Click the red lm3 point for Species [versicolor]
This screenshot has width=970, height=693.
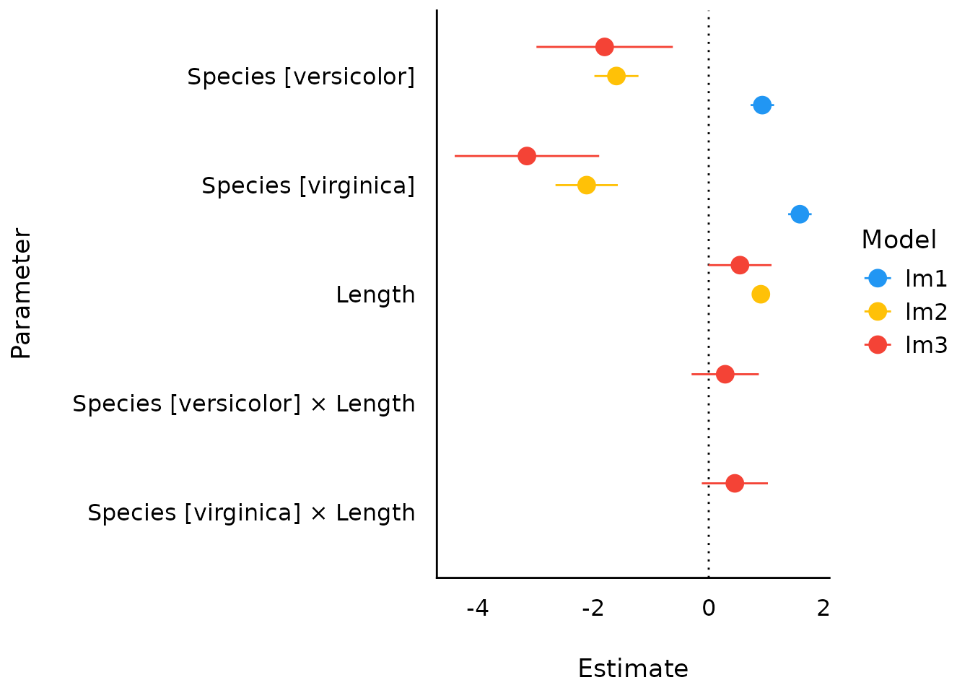605,47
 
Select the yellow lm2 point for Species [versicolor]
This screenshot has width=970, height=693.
616,76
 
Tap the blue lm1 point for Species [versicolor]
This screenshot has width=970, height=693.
762,105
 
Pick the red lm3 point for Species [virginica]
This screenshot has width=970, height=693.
527,156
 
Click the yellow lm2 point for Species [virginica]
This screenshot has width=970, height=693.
587,185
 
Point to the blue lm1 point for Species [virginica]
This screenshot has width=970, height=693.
800,214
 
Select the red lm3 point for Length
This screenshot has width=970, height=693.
740,265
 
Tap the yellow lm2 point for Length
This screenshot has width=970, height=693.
761,294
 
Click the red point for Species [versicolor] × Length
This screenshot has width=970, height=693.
725,374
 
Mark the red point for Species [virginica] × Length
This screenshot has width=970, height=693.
735,483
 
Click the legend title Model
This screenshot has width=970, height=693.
899,240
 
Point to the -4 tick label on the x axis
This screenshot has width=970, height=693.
478,609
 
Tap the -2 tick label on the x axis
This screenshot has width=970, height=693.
593,609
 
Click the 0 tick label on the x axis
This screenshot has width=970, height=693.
709,609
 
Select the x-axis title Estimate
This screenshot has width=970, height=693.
633,668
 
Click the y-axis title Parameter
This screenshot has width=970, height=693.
22,294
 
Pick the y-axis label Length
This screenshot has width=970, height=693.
375,295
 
